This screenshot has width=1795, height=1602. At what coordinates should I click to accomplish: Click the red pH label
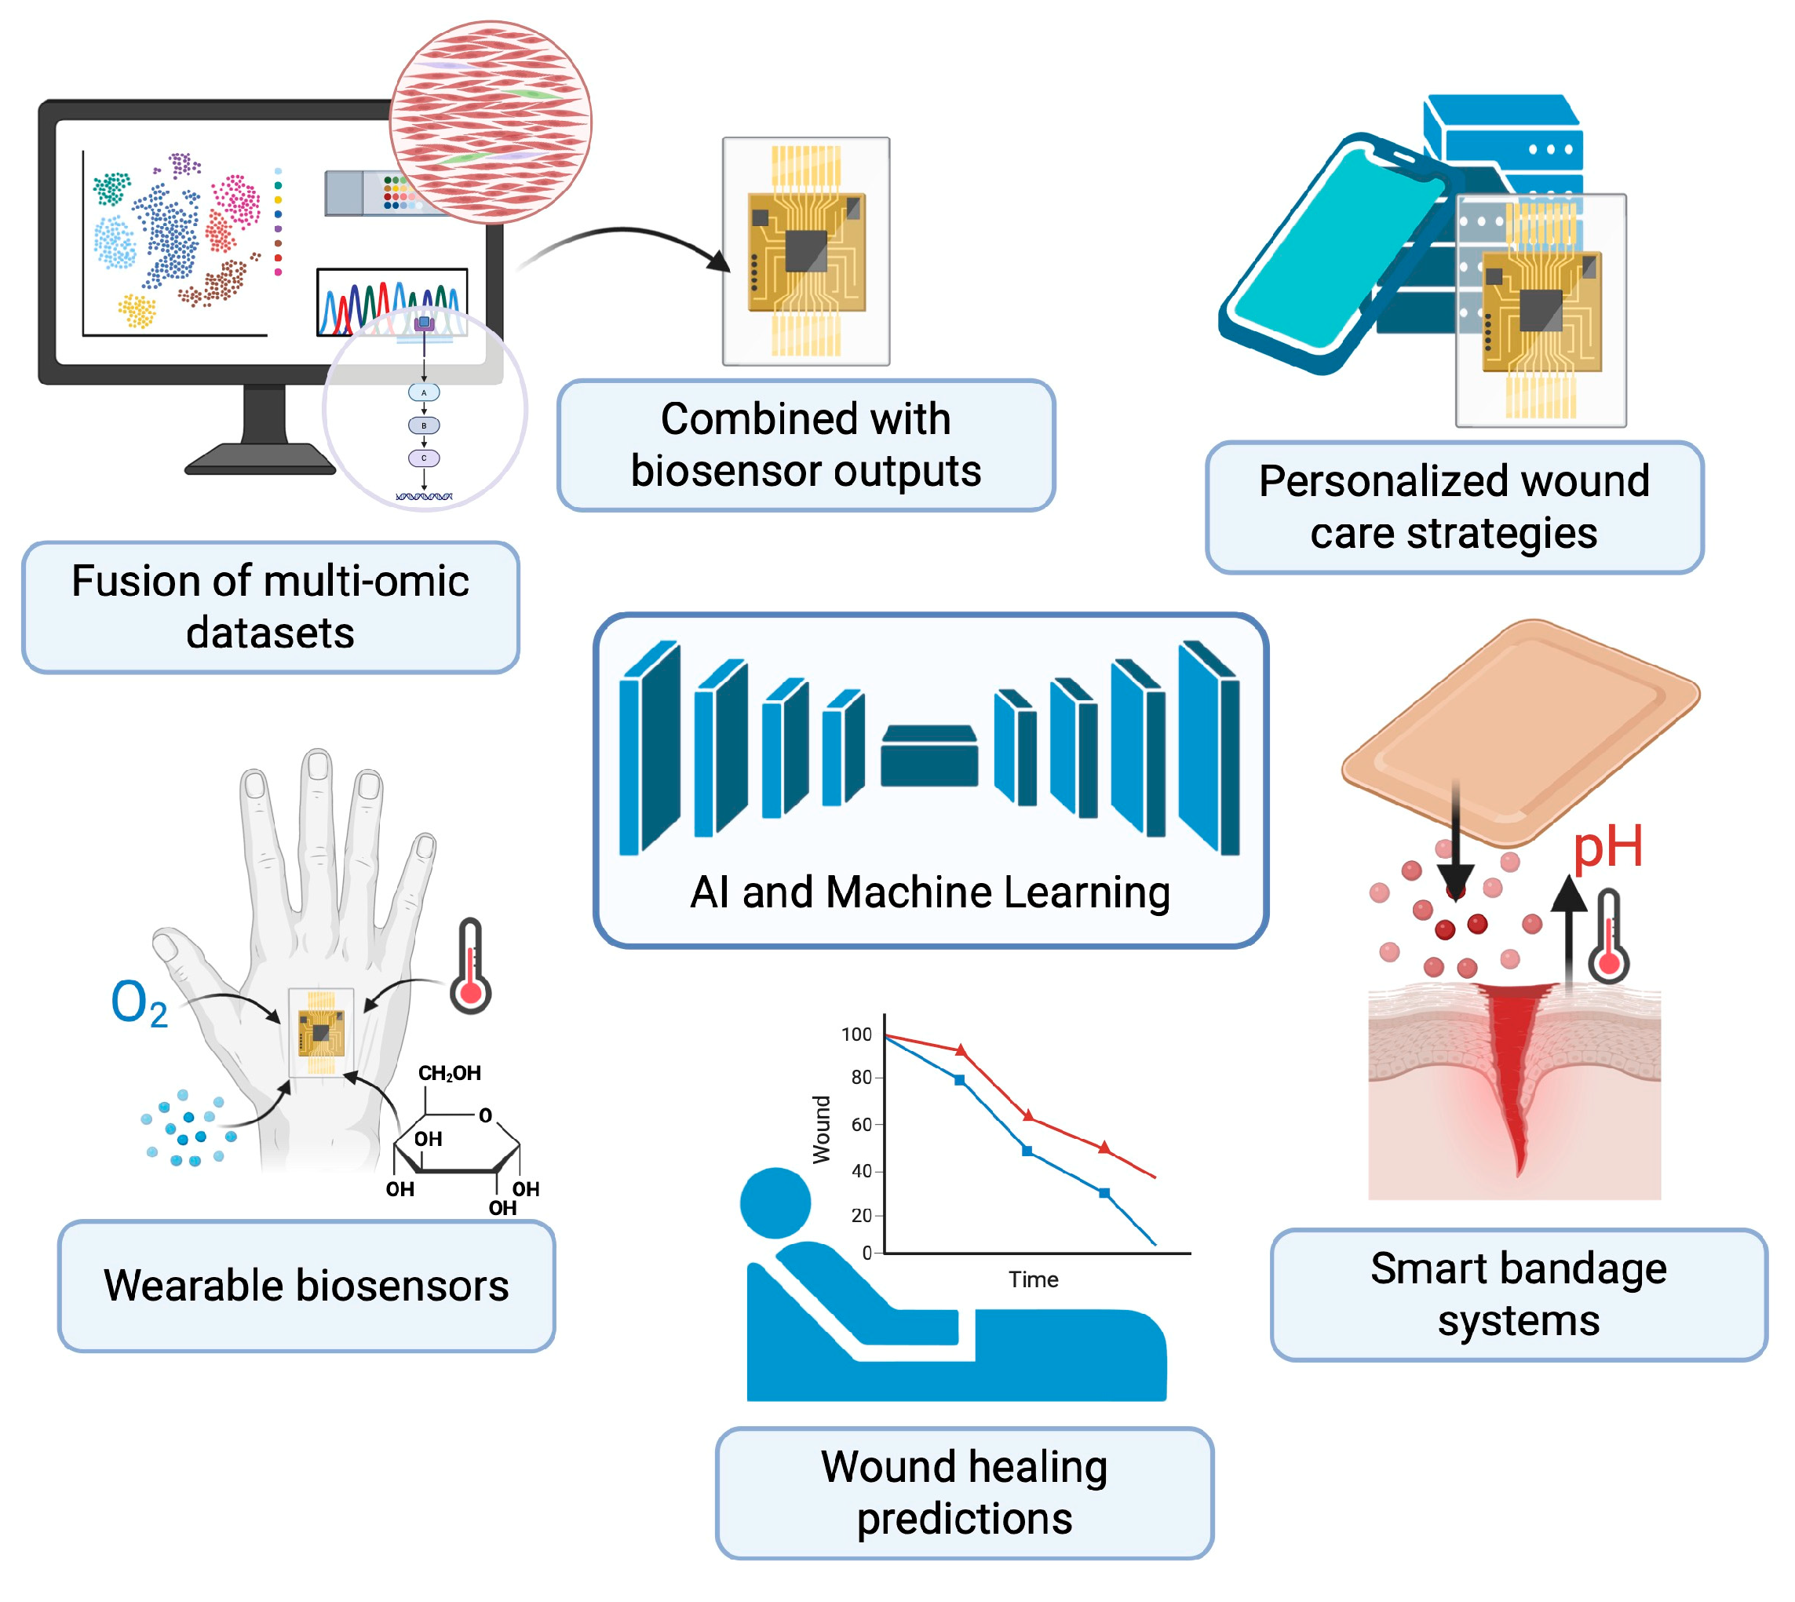(x=1607, y=848)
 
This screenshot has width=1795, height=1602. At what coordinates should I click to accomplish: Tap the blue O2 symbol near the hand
(x=138, y=1002)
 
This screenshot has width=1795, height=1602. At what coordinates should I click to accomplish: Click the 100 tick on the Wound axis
(x=856, y=1035)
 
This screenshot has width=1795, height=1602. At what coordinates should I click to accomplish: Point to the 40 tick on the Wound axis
(x=861, y=1172)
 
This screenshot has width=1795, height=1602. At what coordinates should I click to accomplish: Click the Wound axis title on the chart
(x=821, y=1129)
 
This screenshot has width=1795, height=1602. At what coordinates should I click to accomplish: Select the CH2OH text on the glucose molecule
(x=449, y=1073)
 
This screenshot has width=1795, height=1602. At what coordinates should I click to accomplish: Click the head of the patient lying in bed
(x=775, y=1202)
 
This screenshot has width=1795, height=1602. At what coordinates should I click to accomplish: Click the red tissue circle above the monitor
(x=491, y=122)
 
